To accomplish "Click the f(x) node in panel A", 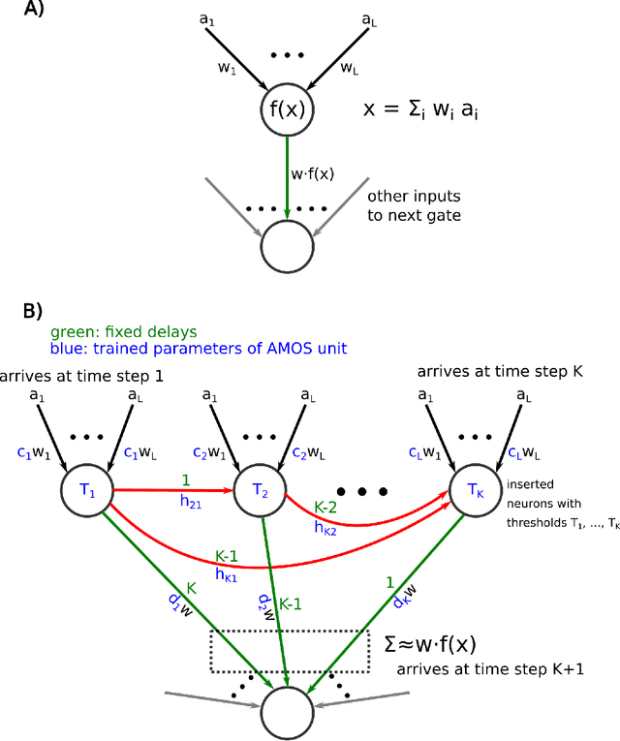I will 289,108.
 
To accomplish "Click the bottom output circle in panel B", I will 289,710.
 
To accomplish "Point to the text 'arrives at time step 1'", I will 82,377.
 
